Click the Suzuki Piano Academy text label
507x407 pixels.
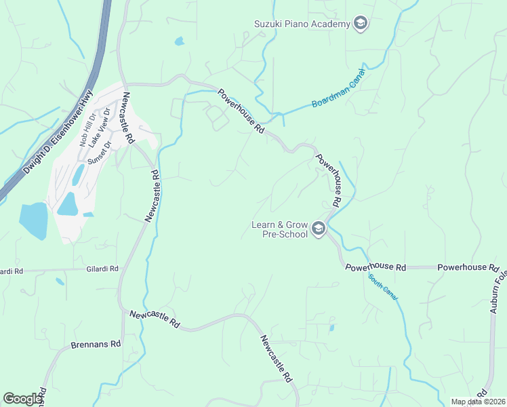tap(301, 24)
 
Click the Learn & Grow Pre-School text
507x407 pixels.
tap(280, 229)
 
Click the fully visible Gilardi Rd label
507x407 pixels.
tap(102, 269)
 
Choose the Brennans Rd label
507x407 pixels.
tap(96, 345)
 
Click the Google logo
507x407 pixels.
tap(22, 398)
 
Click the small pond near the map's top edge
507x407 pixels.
tap(179, 41)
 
